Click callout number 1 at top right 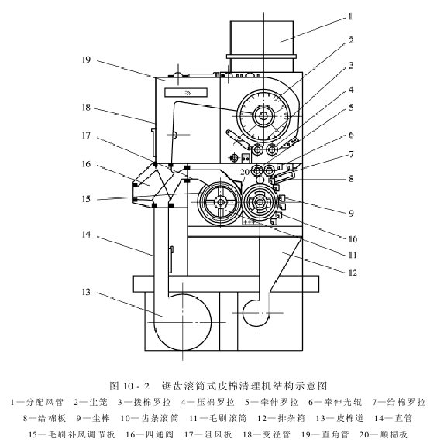click(x=350, y=17)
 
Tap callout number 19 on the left click(x=86, y=60)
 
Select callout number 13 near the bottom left click(x=86, y=292)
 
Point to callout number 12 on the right click(x=353, y=273)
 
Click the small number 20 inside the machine click(x=245, y=172)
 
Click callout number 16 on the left click(x=86, y=164)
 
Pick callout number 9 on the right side click(x=351, y=213)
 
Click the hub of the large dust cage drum click(x=263, y=116)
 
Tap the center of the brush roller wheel click(x=220, y=202)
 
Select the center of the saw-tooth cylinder click(x=260, y=202)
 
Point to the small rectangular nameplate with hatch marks click(x=186, y=92)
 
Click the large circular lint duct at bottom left click(x=182, y=322)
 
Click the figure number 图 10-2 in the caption click(x=129, y=386)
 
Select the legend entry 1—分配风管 click(x=36, y=402)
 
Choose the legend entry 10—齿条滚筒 click(x=149, y=418)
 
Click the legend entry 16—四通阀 click(x=150, y=434)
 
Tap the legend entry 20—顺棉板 click(x=383, y=434)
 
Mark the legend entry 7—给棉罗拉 click(x=399, y=402)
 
